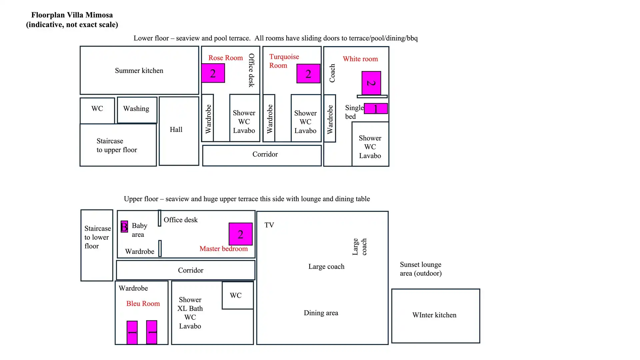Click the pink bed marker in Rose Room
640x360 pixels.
point(213,73)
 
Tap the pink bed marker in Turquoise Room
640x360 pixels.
point(308,74)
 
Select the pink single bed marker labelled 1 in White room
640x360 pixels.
point(376,108)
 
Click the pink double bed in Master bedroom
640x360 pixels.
point(240,234)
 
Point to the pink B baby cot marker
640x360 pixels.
point(124,227)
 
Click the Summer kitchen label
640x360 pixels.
point(139,71)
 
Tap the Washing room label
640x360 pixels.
point(136,109)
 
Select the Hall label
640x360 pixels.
point(176,130)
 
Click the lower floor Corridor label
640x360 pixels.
point(265,154)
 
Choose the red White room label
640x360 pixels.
point(360,59)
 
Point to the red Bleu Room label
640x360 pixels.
point(143,304)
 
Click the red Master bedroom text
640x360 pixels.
point(224,249)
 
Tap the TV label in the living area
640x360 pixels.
point(269,225)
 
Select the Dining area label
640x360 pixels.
point(321,313)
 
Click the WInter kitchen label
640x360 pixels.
point(434,315)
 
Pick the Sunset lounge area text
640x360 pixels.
point(421,269)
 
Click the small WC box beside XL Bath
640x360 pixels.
point(238,295)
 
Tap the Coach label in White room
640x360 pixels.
point(332,73)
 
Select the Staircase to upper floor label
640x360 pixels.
point(117,146)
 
